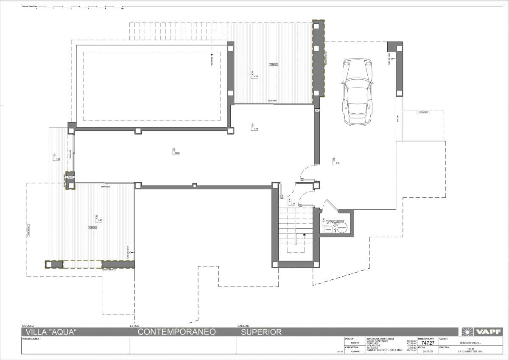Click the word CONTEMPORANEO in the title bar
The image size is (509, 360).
click(x=177, y=332)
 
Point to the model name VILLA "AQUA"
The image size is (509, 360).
click(x=51, y=332)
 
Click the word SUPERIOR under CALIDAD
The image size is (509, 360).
click(x=261, y=332)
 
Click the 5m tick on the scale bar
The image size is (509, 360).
click(x=123, y=8)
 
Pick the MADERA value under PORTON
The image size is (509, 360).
click(x=355, y=343)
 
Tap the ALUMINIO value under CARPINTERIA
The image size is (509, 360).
click(x=355, y=352)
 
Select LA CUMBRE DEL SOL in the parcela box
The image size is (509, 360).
click(x=470, y=352)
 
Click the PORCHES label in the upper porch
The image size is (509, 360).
click(x=273, y=65)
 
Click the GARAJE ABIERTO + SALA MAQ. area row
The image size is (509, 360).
click(x=384, y=351)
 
